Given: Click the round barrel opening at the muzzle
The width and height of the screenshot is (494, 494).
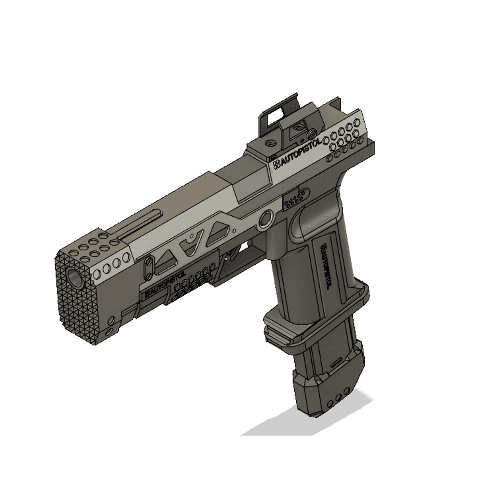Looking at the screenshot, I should pos(76,276).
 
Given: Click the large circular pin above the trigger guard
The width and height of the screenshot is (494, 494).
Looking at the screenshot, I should pos(265,220).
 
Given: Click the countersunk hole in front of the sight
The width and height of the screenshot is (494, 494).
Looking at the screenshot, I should pos(271,143).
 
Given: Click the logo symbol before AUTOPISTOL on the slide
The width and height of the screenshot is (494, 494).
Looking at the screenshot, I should pos(276,165).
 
